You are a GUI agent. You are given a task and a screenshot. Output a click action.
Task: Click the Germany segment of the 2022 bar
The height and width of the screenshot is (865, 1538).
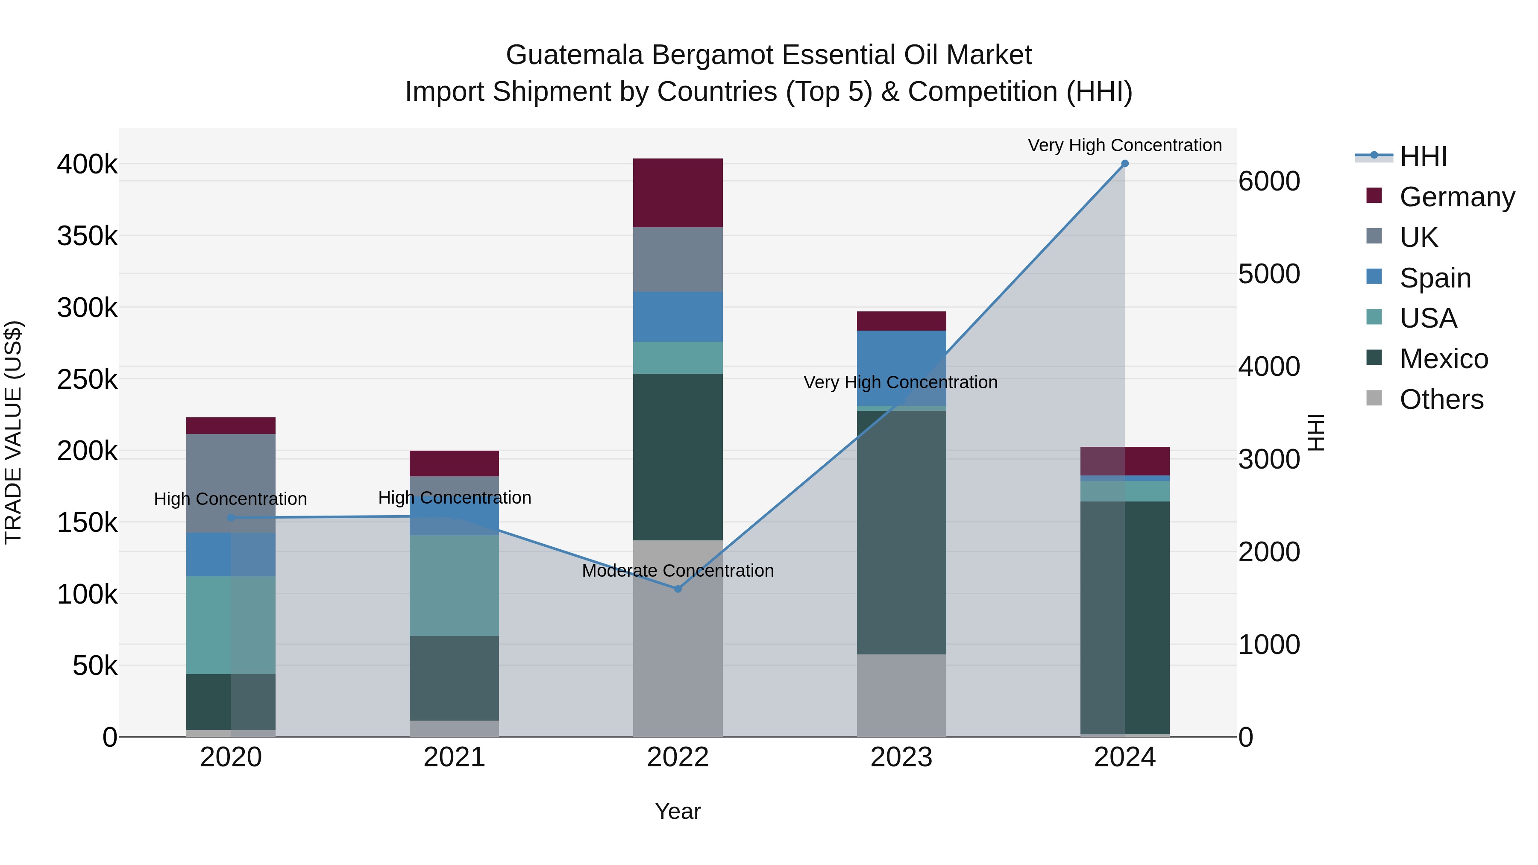point(678,193)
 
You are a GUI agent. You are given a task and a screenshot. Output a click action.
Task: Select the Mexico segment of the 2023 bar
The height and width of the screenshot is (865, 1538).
point(901,532)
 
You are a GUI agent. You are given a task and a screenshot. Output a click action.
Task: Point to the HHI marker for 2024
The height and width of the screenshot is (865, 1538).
point(1125,164)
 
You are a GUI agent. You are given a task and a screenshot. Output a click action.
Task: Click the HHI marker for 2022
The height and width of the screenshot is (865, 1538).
point(678,589)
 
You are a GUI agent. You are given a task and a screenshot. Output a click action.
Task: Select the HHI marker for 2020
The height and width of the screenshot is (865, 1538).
point(231,518)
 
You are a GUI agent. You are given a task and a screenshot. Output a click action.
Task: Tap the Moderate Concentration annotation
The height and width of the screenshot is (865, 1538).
point(678,571)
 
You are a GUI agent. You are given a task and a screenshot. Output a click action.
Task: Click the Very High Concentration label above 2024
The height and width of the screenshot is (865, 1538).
point(1124,146)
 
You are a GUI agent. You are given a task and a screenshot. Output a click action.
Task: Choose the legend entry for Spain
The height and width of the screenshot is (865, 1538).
point(1435,278)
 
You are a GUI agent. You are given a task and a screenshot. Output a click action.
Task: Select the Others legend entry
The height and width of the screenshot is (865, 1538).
point(1441,399)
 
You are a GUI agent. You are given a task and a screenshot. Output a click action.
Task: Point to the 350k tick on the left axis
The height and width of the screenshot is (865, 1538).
point(87,236)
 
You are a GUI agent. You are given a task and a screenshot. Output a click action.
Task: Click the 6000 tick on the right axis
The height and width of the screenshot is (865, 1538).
point(1269,182)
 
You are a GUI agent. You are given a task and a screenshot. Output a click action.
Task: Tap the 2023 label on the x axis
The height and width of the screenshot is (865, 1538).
point(901,757)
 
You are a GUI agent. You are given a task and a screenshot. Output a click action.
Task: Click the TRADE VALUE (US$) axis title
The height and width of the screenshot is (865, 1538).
point(13,432)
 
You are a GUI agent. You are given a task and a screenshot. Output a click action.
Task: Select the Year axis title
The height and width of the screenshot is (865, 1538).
point(678,811)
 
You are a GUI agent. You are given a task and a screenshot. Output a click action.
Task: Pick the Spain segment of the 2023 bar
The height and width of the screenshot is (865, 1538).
point(901,368)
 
